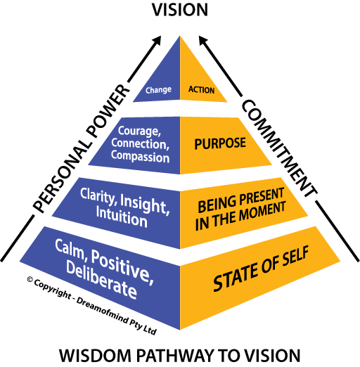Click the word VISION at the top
coord(180,10)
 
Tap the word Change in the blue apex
coord(158,90)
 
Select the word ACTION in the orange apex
coord(202,90)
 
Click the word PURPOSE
coord(220,143)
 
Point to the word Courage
coord(139,131)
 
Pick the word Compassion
coord(140,156)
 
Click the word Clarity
coord(98,196)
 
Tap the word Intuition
coord(122,217)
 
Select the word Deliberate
coord(101,279)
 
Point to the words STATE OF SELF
coord(261,269)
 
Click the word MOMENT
coord(262,212)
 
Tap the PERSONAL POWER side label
coord(81,148)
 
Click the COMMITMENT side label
coord(279,148)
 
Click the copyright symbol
coord(30,279)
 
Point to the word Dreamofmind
coord(103,309)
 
